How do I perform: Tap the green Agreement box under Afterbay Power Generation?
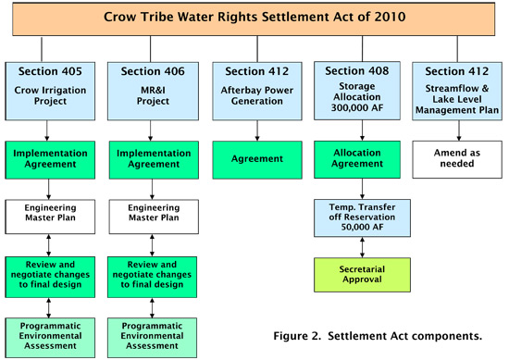[252, 158]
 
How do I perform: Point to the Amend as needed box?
[456, 158]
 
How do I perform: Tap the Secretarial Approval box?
[354, 275]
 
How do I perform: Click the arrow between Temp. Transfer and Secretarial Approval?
[354, 245]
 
